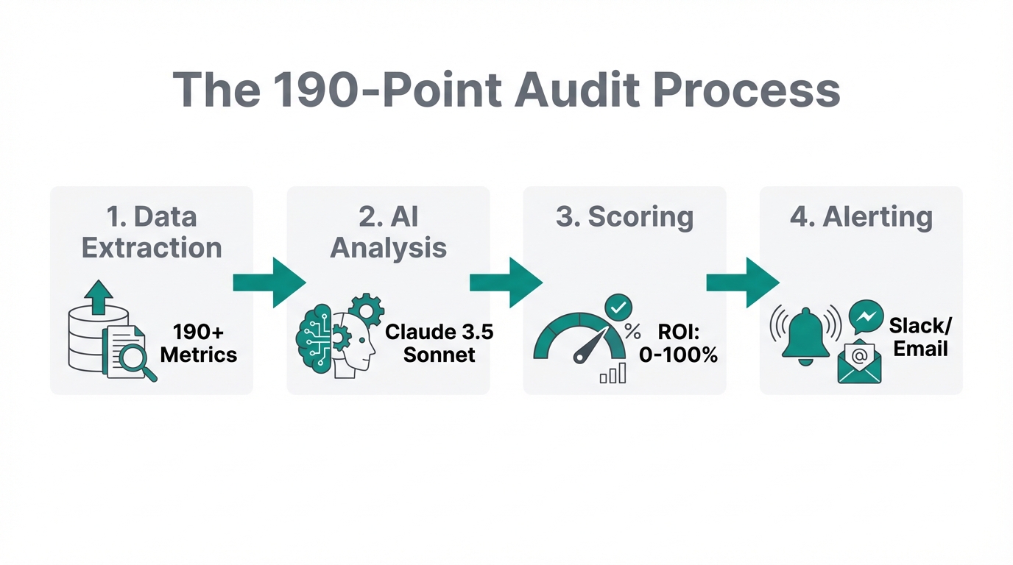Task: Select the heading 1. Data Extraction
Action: click(x=152, y=232)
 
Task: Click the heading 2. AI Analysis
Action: click(x=388, y=232)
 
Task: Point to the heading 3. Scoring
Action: click(x=624, y=218)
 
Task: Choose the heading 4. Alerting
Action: click(x=861, y=218)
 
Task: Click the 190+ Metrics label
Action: click(x=199, y=343)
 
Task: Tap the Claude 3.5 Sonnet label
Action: click(x=439, y=343)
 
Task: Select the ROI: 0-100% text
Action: click(x=677, y=343)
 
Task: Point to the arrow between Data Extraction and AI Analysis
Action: click(x=269, y=282)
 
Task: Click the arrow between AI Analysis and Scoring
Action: click(x=506, y=282)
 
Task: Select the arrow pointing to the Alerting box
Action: click(x=742, y=282)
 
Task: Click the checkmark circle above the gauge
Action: click(x=618, y=305)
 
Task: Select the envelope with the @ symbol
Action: click(x=859, y=362)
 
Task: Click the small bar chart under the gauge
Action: click(x=613, y=374)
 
